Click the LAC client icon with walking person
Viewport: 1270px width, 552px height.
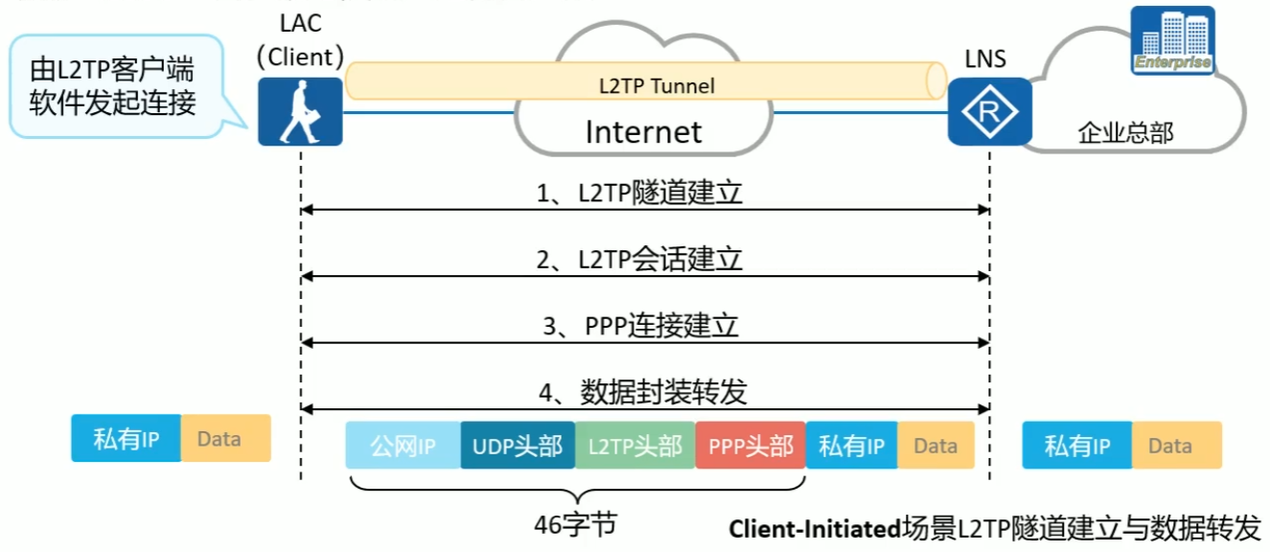coord(300,112)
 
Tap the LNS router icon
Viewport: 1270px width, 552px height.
coord(989,112)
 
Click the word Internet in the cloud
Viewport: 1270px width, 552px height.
coord(643,131)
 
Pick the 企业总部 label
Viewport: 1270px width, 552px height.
coord(1125,133)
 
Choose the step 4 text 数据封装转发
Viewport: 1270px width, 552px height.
coord(662,392)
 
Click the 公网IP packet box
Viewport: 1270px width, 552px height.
coord(403,446)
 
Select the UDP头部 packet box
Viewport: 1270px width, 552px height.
coord(518,446)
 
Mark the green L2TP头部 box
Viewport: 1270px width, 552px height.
coord(635,446)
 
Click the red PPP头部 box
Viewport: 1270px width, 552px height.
coord(750,446)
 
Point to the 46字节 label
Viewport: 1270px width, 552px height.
coord(575,525)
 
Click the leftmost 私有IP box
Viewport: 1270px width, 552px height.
coord(126,439)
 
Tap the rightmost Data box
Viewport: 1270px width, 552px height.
coord(1176,446)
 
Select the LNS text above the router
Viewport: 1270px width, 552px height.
coord(985,59)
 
